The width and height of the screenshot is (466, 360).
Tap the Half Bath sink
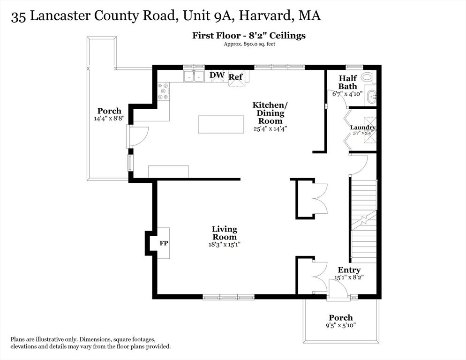371,97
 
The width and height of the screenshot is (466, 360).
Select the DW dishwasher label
217,75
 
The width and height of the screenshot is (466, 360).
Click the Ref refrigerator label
236,77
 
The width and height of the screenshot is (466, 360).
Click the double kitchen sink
194,76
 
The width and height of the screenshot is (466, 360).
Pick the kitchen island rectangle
221,125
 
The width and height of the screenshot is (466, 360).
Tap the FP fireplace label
164,243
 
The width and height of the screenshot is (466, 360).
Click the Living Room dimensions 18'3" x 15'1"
225,245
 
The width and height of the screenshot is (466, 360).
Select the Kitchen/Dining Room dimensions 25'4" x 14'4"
270,129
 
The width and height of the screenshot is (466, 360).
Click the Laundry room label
363,127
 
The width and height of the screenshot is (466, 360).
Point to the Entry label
349,270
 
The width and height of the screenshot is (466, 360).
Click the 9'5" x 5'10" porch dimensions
341,325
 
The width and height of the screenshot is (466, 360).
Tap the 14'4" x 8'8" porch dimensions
109,118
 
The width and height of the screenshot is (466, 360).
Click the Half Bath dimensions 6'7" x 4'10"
347,94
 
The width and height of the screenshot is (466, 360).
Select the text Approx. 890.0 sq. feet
249,44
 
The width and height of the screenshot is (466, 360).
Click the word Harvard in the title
265,15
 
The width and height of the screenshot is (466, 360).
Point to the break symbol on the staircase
364,221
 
